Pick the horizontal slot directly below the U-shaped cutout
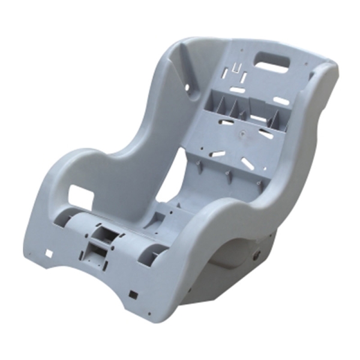(238, 90)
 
